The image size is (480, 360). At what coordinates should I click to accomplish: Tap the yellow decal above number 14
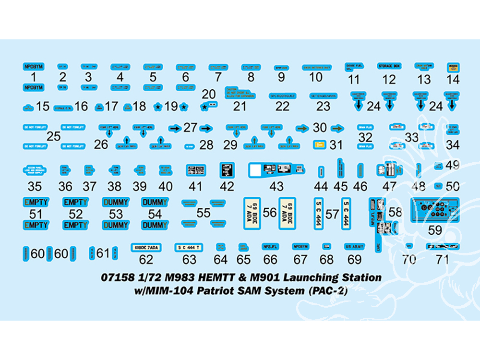pos(453,68)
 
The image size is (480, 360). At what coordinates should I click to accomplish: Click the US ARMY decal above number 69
pos(355,246)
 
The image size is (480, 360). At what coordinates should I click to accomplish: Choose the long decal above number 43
pos(277,169)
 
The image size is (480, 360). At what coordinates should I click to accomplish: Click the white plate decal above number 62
pos(146,247)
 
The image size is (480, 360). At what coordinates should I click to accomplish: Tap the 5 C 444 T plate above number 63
pos(189,247)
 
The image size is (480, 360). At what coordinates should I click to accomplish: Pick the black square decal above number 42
pos(227,169)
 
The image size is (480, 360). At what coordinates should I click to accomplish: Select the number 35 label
pos(35,186)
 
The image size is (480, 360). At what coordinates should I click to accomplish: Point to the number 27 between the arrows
pos(190,128)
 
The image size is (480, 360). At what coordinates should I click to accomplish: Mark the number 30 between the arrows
pos(320,128)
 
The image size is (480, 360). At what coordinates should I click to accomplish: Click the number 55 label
pos(204,213)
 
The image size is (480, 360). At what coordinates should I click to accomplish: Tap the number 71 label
pos(443,260)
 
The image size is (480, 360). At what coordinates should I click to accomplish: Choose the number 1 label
pos(33,77)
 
